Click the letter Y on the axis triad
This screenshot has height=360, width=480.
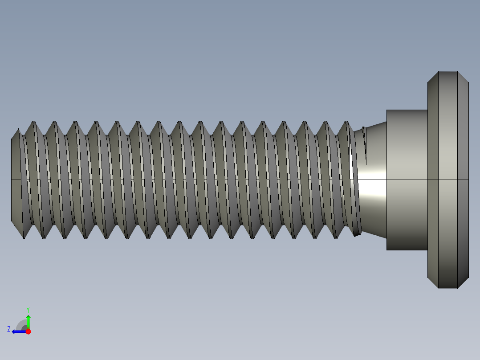click(x=28, y=309)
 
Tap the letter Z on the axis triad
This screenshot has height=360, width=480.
click(x=9, y=329)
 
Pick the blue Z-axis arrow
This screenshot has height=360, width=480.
click(x=18, y=331)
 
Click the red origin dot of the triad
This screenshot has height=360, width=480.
click(x=28, y=331)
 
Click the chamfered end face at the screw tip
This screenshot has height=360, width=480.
click(x=16, y=178)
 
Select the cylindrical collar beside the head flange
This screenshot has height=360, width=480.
click(x=406, y=147)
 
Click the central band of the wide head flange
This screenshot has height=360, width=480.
click(x=448, y=134)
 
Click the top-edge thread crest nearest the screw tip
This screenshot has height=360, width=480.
click(x=33, y=122)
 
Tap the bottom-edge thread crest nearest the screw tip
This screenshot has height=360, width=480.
click(x=24, y=237)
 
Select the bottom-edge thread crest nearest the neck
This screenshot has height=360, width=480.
click(x=336, y=237)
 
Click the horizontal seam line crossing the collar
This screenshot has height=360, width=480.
click(x=406, y=180)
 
